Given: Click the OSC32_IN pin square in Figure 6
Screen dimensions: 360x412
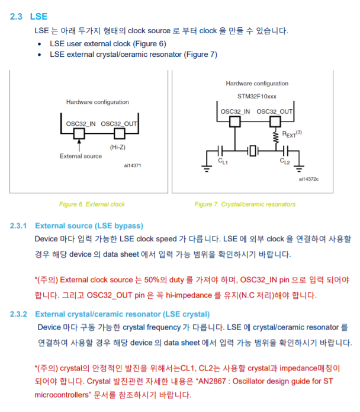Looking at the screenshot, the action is [79, 134].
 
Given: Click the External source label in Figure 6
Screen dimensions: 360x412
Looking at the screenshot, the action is [81, 156].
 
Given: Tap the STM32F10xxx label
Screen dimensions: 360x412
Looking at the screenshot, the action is [256, 96].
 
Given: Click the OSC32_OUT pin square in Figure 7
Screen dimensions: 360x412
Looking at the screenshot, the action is [274, 121].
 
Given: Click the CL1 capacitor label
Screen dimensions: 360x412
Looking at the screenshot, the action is [223, 161].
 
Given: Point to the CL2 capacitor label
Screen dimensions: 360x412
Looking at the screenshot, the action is [284, 161].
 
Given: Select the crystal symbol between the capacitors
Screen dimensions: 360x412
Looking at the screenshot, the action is [253, 151].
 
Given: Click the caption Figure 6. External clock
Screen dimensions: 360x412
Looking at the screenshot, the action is [92, 205].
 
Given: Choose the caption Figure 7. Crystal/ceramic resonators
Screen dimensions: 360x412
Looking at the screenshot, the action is [245, 205].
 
